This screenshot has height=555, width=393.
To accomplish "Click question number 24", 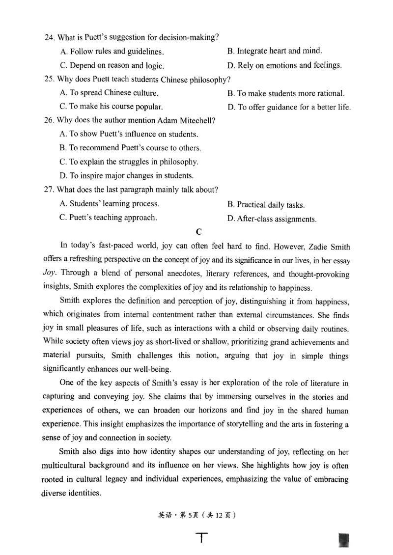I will [49, 37].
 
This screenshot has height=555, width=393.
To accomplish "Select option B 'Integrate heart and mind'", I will [275, 51].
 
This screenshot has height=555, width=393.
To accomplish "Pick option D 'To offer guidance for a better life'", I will [289, 107].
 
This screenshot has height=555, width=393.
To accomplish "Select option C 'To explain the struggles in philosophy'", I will [129, 162].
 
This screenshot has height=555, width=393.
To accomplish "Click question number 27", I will [49, 190].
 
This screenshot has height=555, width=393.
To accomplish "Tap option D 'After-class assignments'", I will [272, 219].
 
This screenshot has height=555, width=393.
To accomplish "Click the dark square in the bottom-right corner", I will [344, 540].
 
